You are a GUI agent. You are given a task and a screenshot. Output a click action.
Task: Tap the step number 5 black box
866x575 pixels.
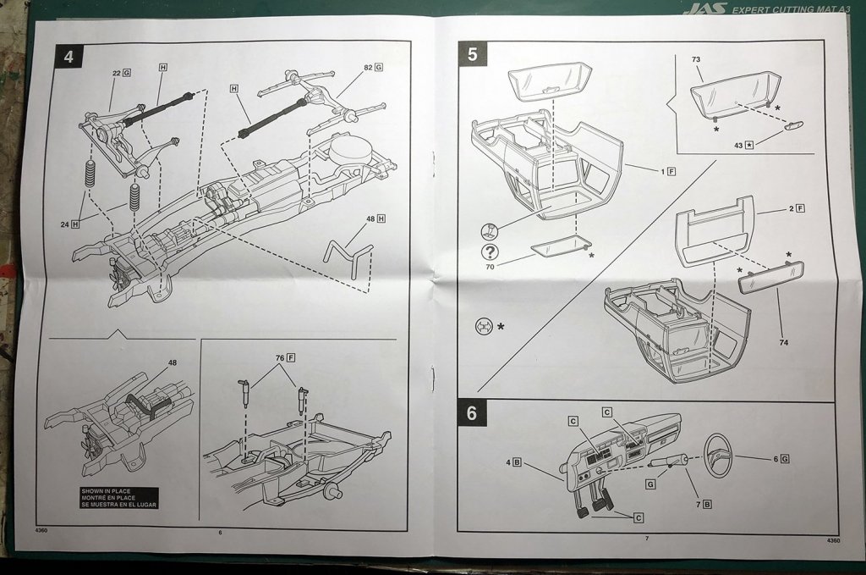[x=472, y=54]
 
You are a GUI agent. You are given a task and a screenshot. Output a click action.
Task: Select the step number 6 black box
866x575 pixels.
[x=472, y=413]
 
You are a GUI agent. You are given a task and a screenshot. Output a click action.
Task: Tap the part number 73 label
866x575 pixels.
[x=696, y=61]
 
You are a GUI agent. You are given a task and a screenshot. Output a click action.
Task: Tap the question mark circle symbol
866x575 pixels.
[x=489, y=252]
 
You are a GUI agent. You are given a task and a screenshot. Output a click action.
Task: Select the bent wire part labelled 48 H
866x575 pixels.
[x=348, y=252]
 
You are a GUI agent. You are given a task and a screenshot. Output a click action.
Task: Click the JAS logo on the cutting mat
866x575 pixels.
[x=703, y=8]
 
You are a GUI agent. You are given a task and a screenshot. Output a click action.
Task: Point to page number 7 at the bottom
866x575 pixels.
[x=646, y=539]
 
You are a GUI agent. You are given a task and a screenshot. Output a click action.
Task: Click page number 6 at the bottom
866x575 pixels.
[x=220, y=533]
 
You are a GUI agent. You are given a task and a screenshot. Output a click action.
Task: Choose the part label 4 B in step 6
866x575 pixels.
[x=513, y=462]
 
